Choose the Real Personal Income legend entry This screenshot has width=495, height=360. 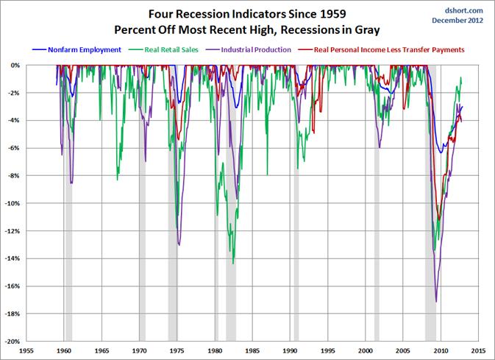[377, 49]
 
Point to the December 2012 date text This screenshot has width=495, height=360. [461, 21]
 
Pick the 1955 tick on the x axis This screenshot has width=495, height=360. [26, 352]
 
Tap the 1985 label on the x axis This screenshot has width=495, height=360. [253, 352]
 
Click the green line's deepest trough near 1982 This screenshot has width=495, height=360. [233, 263]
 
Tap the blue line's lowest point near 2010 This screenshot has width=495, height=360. [441, 152]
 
